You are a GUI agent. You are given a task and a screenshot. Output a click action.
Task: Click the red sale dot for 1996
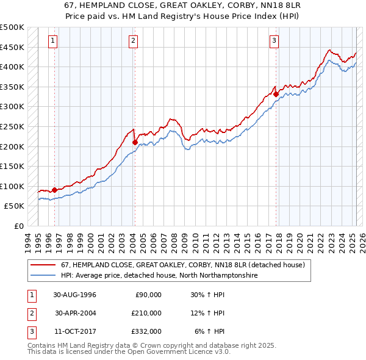[54, 190]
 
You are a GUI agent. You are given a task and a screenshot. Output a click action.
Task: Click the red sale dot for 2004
[135, 142]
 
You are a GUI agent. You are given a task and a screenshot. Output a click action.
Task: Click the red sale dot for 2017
[276, 94]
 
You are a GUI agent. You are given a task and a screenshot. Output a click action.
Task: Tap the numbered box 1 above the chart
[53, 41]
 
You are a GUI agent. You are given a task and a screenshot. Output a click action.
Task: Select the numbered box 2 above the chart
[133, 41]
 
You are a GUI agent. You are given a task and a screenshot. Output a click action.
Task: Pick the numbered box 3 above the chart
[274, 41]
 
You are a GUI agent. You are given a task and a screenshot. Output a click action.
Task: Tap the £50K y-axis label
[15, 206]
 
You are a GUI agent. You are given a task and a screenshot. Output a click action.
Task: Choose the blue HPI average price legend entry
[159, 276]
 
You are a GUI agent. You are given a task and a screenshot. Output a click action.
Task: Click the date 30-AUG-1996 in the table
[75, 295]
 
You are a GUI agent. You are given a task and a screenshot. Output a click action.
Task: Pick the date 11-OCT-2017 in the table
[75, 331]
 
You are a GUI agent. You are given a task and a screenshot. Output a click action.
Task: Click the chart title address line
[182, 5]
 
